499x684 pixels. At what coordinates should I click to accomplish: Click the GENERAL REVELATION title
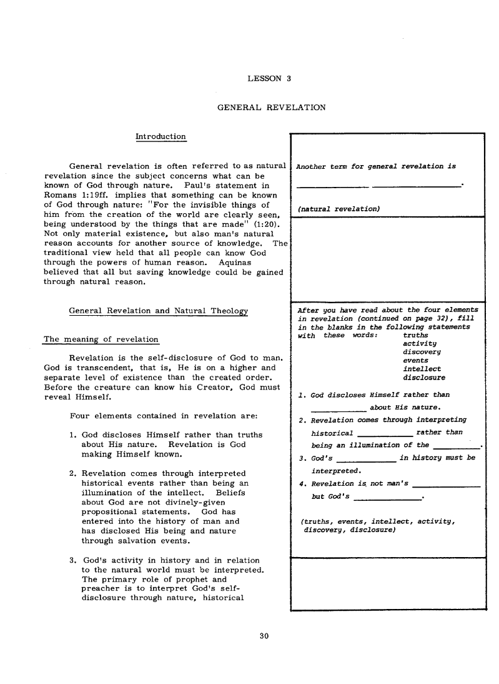coord(271,108)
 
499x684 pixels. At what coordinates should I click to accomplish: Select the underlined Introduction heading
coord(161,136)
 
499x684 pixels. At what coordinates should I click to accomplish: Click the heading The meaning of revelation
coord(101,339)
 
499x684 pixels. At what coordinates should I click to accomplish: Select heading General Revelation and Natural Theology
coord(158,311)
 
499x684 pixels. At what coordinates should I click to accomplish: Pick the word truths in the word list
coord(415,335)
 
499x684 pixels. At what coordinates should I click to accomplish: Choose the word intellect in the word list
coord(422,369)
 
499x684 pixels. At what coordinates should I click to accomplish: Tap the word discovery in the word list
coord(422,352)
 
